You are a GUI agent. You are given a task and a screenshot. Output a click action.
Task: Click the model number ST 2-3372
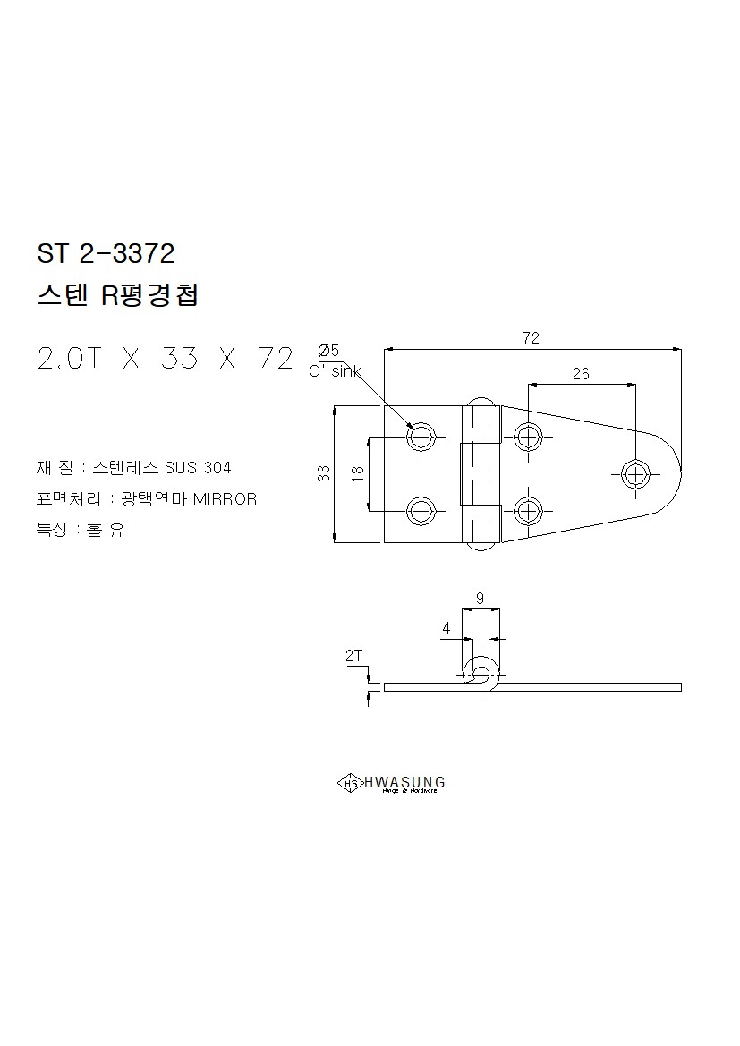(106, 253)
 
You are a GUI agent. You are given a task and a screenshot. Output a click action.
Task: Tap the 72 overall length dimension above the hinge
(532, 337)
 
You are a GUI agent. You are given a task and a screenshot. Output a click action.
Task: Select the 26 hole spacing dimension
(582, 374)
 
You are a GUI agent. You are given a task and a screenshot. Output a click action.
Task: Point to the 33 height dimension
(324, 473)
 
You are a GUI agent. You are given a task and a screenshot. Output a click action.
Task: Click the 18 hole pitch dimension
(358, 473)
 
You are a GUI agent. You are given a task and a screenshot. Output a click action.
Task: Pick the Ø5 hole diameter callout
(328, 350)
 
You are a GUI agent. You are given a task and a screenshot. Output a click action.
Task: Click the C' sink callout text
(335, 371)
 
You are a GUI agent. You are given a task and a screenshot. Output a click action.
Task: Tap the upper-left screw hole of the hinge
(421, 438)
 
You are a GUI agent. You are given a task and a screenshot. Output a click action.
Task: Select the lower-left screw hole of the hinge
(421, 512)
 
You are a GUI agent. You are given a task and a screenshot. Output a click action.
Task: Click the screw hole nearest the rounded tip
(636, 474)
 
